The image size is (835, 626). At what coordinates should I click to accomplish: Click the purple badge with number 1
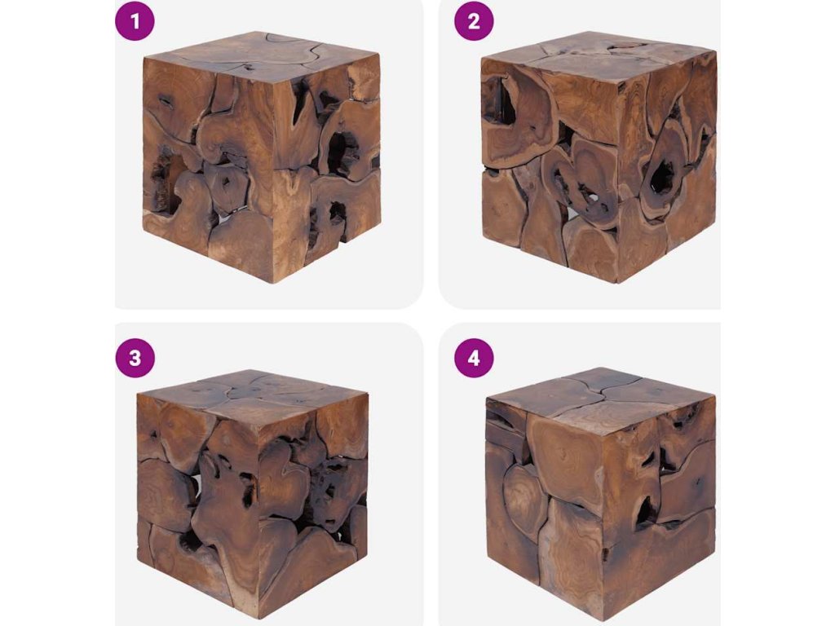(x=135, y=21)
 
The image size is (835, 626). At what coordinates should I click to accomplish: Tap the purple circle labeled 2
(x=474, y=21)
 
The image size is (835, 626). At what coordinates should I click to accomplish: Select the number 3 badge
(x=135, y=358)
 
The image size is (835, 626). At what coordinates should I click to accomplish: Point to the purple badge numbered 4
(x=474, y=358)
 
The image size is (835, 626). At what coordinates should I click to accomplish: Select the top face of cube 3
(x=253, y=397)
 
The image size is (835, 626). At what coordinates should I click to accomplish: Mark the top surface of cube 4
(x=601, y=394)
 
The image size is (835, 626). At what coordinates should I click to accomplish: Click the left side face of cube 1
(x=208, y=170)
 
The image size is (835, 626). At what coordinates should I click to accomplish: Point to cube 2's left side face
(x=549, y=170)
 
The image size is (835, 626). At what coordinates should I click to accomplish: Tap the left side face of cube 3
(x=197, y=502)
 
